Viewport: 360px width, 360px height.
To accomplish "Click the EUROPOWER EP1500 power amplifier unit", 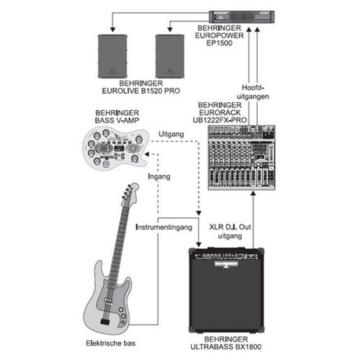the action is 241,17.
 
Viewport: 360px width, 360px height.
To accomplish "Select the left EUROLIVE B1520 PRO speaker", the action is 112,56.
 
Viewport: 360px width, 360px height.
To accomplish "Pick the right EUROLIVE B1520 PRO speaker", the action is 170,56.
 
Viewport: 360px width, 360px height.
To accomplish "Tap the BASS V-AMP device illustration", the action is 116,148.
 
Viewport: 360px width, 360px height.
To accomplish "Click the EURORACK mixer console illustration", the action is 241,158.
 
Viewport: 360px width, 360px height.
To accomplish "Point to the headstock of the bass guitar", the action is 130,192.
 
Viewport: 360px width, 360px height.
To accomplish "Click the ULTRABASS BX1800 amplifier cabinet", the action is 226,290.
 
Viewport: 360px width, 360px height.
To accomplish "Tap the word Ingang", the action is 159,176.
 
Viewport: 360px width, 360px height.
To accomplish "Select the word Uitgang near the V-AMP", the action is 171,135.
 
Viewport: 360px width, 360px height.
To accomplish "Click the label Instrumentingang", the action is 164,227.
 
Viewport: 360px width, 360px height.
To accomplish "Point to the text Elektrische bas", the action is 111,343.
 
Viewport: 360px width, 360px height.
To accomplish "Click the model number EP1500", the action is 220,43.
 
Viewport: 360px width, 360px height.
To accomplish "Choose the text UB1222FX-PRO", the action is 220,120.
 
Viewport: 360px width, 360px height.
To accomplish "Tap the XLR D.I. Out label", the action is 230,227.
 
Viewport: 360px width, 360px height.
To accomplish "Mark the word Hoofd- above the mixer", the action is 253,88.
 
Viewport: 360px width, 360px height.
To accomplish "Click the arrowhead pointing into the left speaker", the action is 112,30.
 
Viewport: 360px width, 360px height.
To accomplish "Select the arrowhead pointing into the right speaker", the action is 170,30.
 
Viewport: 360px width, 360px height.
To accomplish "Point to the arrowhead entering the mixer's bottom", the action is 253,194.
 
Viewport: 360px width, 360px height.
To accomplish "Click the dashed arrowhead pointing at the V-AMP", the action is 147,154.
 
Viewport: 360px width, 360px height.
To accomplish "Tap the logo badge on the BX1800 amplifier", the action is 226,264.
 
